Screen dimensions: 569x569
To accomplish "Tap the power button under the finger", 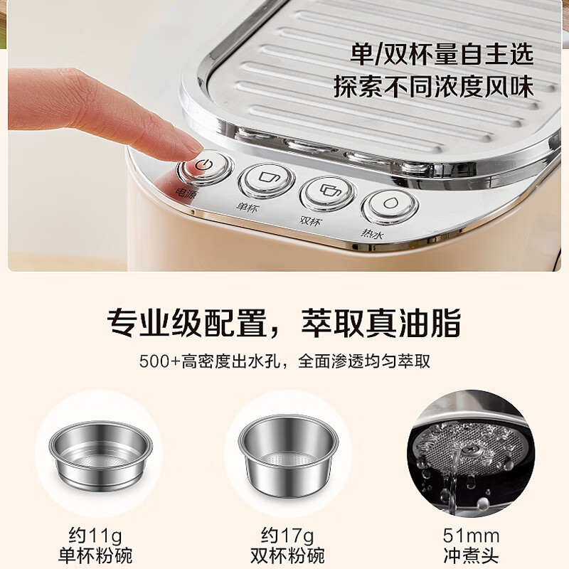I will [x=206, y=167].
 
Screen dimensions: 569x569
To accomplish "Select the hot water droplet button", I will [x=390, y=204].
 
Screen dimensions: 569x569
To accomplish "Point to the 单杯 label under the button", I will [x=248, y=208].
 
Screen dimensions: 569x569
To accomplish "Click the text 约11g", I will [x=95, y=535].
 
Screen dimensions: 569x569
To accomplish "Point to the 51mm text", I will [x=471, y=535].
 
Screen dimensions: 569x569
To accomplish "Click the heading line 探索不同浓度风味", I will [x=433, y=86].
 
